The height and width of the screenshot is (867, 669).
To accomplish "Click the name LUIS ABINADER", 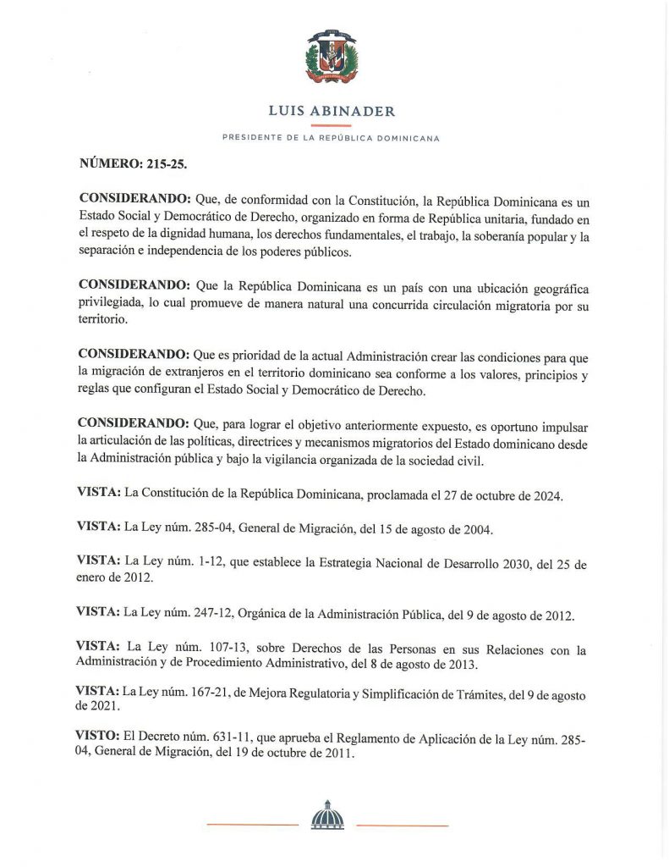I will click(331, 111).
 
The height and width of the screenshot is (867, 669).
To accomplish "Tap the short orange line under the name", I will click(331, 125).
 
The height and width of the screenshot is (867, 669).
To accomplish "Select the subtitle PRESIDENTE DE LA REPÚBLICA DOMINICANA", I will click(331, 138).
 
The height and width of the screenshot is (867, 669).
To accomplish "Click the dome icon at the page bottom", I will click(328, 815).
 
